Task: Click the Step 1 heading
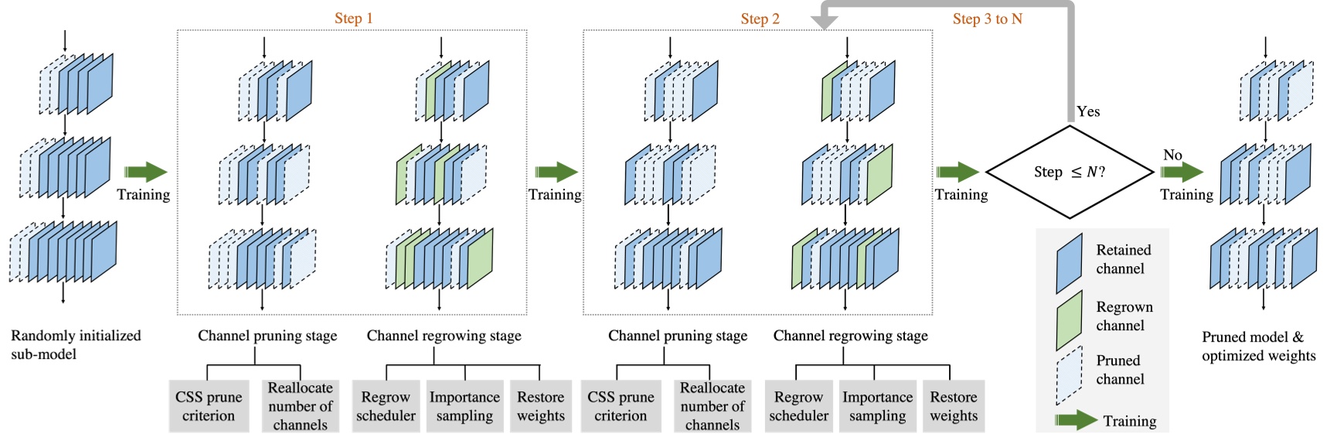click(353, 19)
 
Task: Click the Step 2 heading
click(760, 19)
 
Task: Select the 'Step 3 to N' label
click(987, 19)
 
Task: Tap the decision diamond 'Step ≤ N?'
click(1069, 172)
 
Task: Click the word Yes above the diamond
click(1088, 111)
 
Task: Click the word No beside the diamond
click(1172, 155)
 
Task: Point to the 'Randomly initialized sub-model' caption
click(75, 345)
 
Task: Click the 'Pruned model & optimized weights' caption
click(1258, 346)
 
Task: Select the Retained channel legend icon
click(1069, 263)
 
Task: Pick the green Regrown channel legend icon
click(1069, 320)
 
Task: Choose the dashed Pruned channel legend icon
click(1069, 376)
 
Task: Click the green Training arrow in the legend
click(1075, 421)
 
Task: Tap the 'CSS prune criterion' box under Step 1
click(209, 406)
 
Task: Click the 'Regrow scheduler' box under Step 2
click(798, 406)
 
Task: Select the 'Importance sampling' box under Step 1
click(464, 406)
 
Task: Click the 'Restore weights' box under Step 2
click(954, 406)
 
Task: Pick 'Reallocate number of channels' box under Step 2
click(712, 406)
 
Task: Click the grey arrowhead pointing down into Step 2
click(824, 22)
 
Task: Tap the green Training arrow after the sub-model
click(145, 172)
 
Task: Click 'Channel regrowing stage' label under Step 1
click(444, 336)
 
